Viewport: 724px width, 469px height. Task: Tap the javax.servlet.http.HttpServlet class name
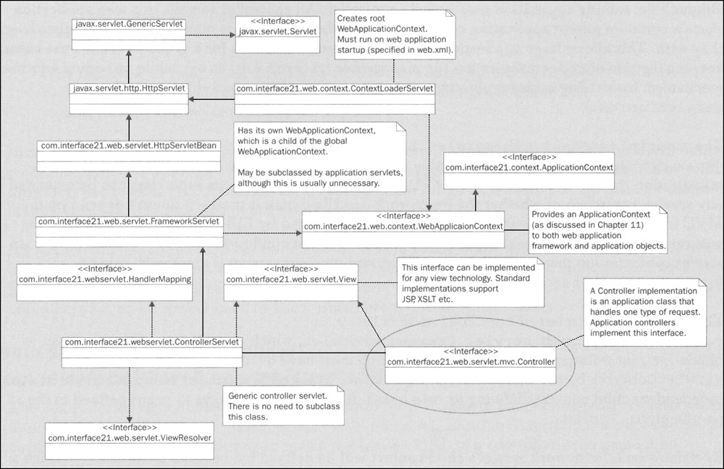[x=130, y=88]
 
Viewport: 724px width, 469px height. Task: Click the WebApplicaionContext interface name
[x=403, y=226]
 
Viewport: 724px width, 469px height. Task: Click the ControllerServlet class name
[x=151, y=342]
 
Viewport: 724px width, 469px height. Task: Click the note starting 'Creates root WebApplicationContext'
[x=394, y=34]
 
